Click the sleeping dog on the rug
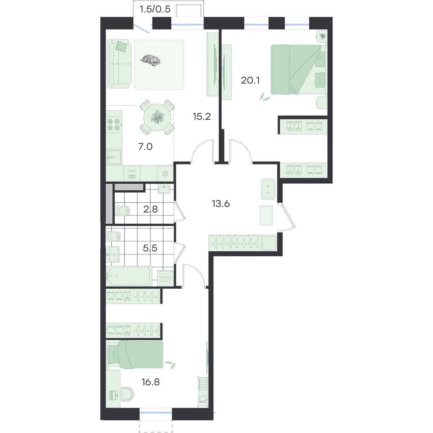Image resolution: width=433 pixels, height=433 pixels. coord(150,60)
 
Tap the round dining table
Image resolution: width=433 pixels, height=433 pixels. coord(157,117)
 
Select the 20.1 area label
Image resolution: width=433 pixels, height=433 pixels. coord(250,80)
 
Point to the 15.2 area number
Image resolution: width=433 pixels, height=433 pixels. coord(202,117)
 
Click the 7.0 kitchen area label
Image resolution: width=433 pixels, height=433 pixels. coord(145,147)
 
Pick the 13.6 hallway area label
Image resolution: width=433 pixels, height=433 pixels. coord(221,204)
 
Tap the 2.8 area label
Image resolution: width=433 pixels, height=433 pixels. coord(150,209)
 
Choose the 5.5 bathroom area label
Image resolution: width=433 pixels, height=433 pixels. coord(150,248)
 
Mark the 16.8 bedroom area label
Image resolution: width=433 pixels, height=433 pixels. coord(150,382)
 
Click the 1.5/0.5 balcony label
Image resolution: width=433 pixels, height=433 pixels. coord(155,9)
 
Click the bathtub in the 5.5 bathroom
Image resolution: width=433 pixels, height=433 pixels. coord(129,276)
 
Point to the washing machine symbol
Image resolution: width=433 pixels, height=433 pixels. coord(166,278)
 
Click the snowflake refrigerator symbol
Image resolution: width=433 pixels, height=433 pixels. coord(165,174)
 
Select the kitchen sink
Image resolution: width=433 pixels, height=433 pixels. coord(114,157)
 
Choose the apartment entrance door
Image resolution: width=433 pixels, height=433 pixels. coord(287,217)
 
